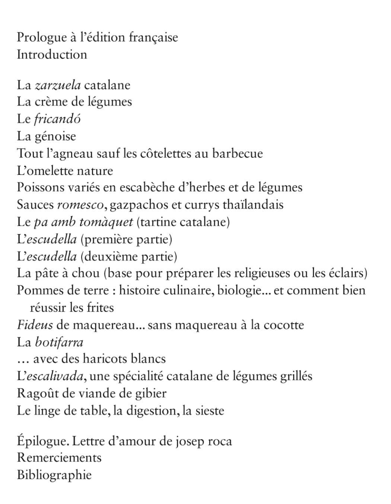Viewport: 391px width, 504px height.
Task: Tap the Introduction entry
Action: (52, 54)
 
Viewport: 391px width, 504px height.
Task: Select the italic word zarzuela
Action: (58, 85)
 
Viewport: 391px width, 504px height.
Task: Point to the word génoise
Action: (55, 136)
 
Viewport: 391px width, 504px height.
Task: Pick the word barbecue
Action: (237, 153)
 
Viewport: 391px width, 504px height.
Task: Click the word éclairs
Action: (346, 273)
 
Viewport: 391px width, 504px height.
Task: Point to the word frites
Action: (100, 308)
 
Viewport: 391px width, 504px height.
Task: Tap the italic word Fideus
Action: (35, 325)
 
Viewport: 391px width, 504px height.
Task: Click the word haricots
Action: (105, 359)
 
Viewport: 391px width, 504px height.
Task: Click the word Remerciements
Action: (59, 457)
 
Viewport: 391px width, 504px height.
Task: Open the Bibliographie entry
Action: (54, 475)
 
